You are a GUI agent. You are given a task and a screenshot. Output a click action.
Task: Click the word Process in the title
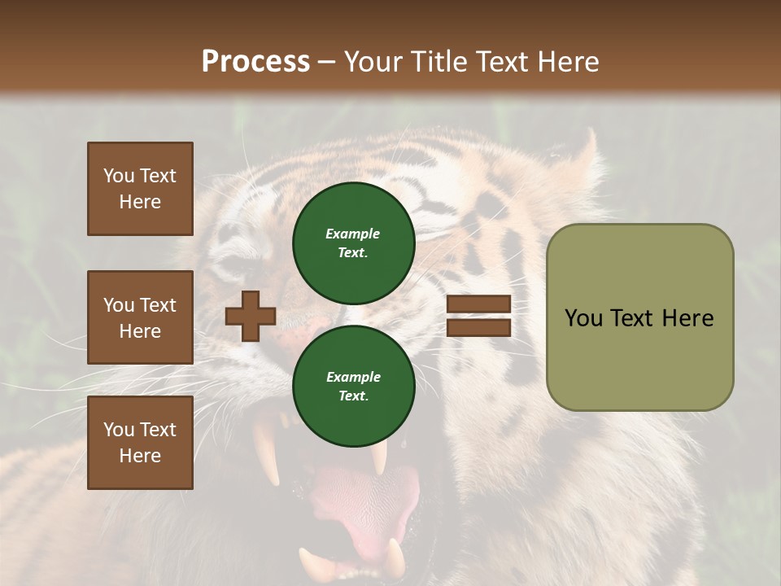pyautogui.click(x=255, y=62)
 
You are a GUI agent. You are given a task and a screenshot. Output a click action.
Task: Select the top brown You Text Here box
pyautogui.click(x=140, y=189)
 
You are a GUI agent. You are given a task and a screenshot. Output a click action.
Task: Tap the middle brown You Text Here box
pyautogui.click(x=140, y=317)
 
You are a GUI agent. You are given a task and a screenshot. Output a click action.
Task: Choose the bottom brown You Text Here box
pyautogui.click(x=140, y=443)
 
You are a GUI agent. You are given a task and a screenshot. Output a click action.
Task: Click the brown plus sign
pyautogui.click(x=251, y=316)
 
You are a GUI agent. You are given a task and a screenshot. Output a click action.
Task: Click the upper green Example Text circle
pyautogui.click(x=353, y=243)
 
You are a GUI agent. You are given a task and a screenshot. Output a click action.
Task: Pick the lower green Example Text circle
pyautogui.click(x=353, y=386)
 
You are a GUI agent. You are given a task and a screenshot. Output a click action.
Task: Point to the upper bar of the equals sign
pyautogui.click(x=478, y=304)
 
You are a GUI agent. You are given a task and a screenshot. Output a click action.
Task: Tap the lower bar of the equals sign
pyautogui.click(x=478, y=327)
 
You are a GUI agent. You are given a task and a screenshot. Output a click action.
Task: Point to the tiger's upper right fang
pyautogui.click(x=379, y=457)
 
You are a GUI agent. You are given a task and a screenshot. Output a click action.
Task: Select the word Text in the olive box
pyautogui.click(x=638, y=318)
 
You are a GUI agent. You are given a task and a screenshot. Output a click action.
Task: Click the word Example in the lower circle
pyautogui.click(x=353, y=377)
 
